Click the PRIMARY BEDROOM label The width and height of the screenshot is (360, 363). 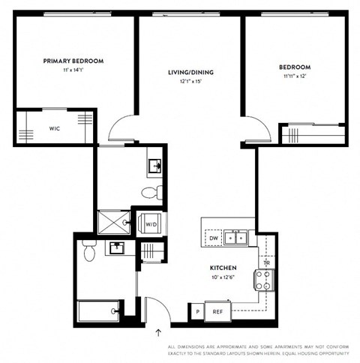73,61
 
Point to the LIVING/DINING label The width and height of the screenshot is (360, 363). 190,73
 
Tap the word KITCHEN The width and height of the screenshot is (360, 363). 223,268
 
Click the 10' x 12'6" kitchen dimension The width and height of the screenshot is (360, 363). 223,278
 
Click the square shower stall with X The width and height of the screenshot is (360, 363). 115,222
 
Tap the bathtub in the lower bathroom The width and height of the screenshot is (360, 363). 99,308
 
